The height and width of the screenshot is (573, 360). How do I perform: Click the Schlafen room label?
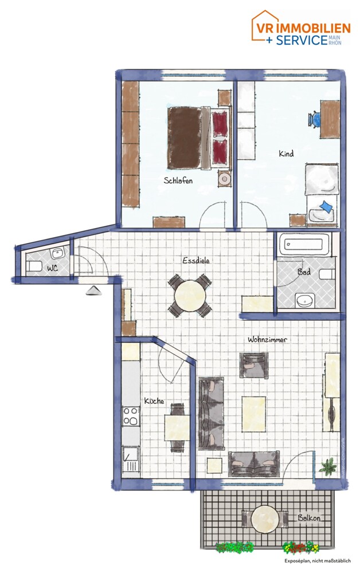pos(178,180)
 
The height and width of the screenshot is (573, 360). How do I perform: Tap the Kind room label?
pos(286,154)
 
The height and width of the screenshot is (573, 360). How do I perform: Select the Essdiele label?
pos(196,260)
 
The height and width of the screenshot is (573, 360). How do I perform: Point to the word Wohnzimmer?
pos(267,340)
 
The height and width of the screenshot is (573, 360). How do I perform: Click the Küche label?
pos(154,401)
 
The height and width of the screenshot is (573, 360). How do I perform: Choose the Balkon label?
pos(309,518)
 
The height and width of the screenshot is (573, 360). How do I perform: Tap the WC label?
pos(52,268)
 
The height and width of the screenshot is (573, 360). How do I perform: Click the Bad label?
pos(304,272)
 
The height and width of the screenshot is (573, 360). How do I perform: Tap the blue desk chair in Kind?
pos(315,119)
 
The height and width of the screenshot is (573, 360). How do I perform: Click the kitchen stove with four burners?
pos(131,417)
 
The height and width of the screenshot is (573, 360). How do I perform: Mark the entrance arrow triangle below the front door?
pos(92,291)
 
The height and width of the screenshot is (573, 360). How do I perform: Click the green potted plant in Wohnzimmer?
pos(328,467)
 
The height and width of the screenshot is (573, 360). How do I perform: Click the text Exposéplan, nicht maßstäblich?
pos(317,561)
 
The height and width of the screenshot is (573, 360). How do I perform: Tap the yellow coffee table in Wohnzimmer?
pos(253,413)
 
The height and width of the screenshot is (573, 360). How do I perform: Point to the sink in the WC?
pos(58,253)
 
